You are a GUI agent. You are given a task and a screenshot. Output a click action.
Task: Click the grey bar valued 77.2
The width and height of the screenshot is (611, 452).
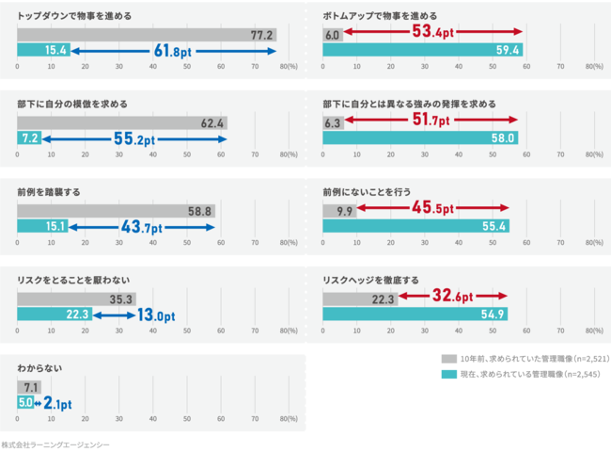point(147,35)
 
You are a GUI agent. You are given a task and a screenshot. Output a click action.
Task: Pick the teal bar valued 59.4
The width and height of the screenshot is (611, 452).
point(423,50)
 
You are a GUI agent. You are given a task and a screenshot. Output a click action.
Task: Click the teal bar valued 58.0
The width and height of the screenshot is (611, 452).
point(420,137)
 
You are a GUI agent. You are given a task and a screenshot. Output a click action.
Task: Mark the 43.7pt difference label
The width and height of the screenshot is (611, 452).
point(141,227)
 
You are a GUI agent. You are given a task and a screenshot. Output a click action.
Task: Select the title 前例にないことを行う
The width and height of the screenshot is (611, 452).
point(367,192)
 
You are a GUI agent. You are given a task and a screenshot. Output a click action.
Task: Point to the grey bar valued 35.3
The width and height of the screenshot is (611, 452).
point(76,299)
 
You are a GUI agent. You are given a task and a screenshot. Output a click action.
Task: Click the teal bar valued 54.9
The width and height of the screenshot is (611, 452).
point(415,315)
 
